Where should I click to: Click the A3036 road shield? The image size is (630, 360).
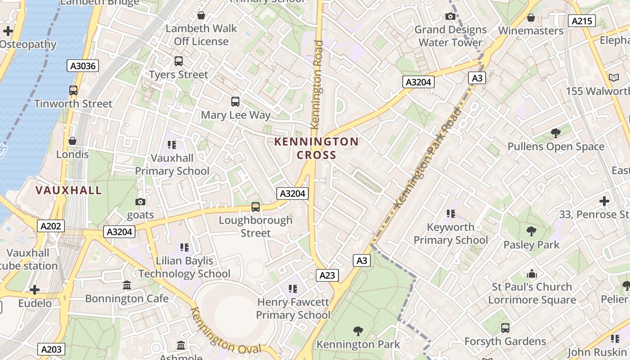tap(83, 66)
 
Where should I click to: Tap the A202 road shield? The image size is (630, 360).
tap(50, 226)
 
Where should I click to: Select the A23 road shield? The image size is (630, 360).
tap(327, 275)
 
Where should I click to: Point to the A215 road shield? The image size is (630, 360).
tap(581, 21)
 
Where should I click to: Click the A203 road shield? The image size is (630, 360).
tap(51, 349)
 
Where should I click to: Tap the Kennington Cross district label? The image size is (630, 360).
tap(316, 148)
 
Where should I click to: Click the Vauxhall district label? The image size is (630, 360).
tap(68, 190)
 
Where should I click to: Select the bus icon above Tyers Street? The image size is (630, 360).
tap(179, 61)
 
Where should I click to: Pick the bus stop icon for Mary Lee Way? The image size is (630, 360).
tap(235, 102)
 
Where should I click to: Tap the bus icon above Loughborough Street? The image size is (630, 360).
tap(256, 207)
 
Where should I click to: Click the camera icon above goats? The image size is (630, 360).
tap(140, 202)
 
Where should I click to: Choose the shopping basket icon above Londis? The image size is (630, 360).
tap(72, 141)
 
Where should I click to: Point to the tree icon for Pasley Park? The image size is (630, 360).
tap(531, 232)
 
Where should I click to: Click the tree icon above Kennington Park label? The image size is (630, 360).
tap(358, 332)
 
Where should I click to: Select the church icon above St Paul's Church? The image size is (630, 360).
tap(532, 274)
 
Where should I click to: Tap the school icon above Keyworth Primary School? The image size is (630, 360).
tap(450, 214)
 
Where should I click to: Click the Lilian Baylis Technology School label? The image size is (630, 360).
tap(184, 267)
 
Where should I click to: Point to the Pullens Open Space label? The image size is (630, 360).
tap(556, 147)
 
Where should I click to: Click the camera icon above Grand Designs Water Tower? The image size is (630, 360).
tap(450, 17)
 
